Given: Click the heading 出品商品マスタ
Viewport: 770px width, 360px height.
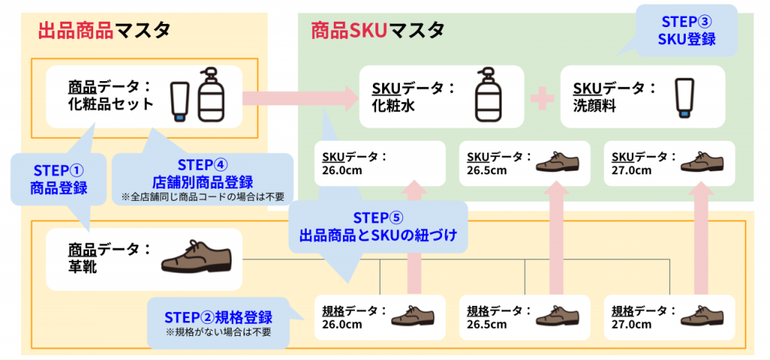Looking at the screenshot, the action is click(x=104, y=31).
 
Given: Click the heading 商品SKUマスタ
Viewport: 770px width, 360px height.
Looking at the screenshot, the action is click(x=377, y=31).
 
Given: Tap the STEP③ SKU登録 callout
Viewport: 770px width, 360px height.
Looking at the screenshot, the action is click(x=687, y=31).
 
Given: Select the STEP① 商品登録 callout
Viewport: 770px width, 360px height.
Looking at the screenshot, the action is click(x=59, y=180).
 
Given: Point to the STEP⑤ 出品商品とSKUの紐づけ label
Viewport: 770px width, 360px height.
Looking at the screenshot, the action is click(x=378, y=226).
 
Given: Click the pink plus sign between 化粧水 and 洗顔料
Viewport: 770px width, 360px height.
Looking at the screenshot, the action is click(x=543, y=97).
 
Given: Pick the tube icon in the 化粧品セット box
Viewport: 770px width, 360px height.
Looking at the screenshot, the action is click(x=179, y=102).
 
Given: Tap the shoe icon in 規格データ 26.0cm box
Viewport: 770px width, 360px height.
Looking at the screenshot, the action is click(x=413, y=315).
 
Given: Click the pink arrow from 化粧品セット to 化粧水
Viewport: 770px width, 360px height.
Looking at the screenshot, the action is click(x=301, y=97).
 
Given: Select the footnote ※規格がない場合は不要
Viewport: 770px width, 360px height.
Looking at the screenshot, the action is click(x=219, y=331).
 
